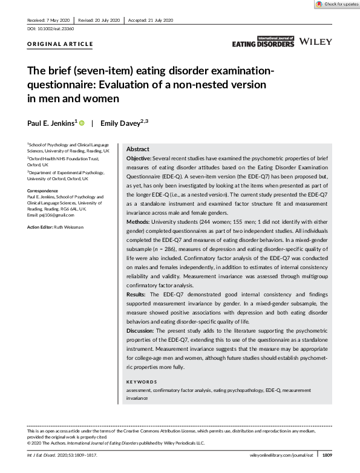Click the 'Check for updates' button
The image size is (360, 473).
coord(337,4)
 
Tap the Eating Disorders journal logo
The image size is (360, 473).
coord(263,42)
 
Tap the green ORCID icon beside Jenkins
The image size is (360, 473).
coord(82,123)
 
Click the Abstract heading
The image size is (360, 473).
coord(139,149)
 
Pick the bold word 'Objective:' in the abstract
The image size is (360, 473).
coord(139,157)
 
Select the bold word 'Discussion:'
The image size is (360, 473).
coord(141,331)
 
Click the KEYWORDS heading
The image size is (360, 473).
coord(142,382)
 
